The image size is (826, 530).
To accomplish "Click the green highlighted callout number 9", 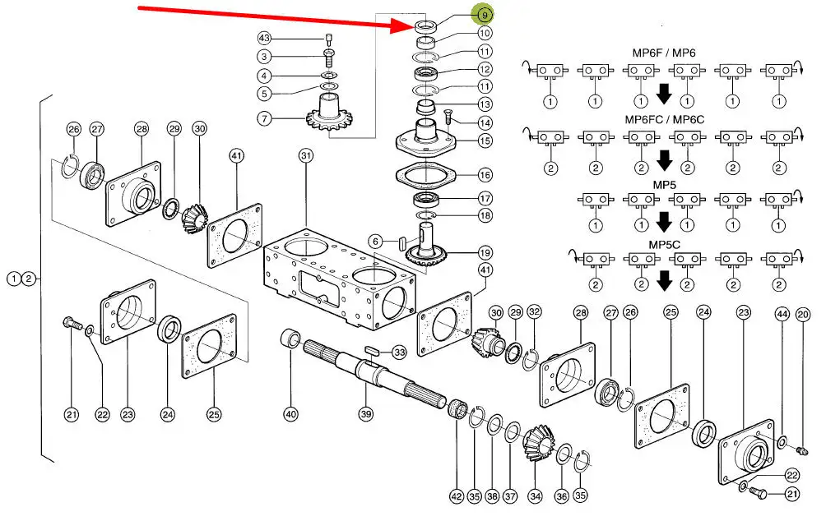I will tap(484, 15).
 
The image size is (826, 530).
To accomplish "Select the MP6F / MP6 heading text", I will tap(663, 53).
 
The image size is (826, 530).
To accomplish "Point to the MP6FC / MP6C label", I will tap(663, 118).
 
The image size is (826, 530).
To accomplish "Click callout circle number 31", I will tap(306, 155).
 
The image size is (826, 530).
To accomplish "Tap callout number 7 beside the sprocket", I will tap(264, 119).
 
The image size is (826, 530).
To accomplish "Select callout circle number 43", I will tap(264, 39).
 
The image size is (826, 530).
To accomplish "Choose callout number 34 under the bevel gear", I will tap(536, 495).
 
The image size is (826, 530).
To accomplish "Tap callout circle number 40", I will tap(290, 414).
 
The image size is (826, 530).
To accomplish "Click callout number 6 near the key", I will tap(375, 242).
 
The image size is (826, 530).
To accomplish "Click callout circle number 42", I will tap(456, 495).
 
